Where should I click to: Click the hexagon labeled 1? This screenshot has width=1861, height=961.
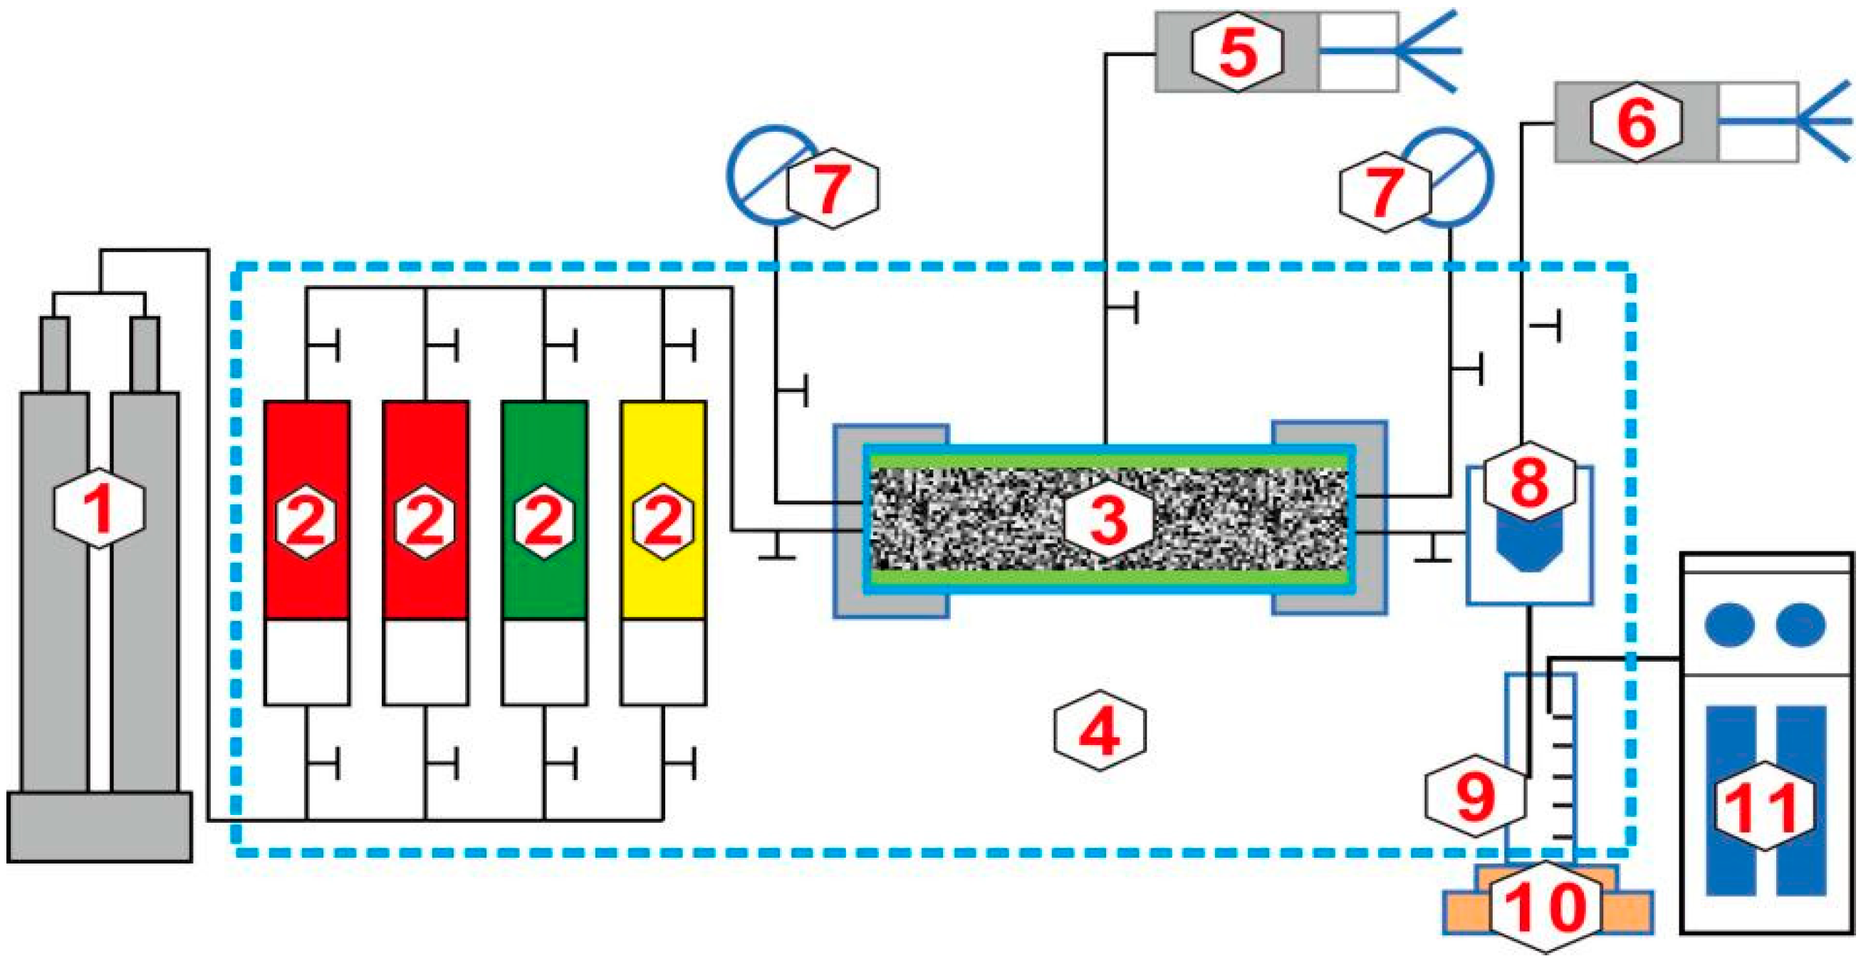(x=99, y=507)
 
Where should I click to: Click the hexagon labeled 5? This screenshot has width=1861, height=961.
(x=1237, y=52)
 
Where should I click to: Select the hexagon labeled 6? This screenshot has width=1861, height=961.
(x=1637, y=122)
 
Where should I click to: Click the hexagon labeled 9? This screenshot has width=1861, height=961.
(x=1474, y=796)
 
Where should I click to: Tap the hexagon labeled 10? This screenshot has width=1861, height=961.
(x=1545, y=906)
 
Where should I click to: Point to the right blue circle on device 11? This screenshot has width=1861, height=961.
(x=1800, y=625)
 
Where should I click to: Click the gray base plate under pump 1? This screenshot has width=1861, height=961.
(x=99, y=826)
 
